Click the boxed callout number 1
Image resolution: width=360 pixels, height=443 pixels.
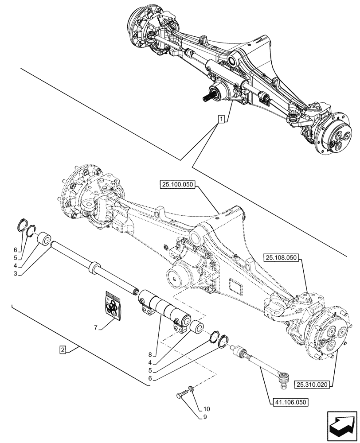[x=221, y=118]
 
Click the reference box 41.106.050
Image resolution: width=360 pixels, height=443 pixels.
[x=289, y=402]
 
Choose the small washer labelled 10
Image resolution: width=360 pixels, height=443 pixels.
[x=190, y=389]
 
